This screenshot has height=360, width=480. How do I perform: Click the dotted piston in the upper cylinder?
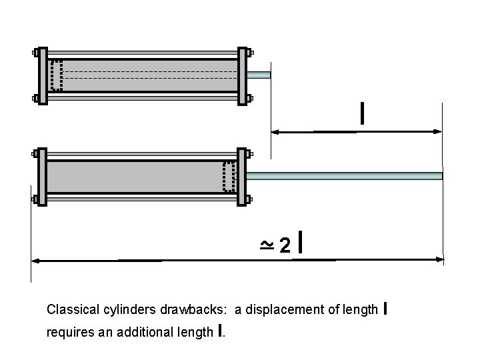tap(57, 75)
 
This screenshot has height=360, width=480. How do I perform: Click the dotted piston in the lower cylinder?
tap(229, 176)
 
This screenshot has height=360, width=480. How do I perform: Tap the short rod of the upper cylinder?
tap(259, 75)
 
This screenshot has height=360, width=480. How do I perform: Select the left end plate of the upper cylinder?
tap(43, 75)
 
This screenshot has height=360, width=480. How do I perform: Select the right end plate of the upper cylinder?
tap(243, 75)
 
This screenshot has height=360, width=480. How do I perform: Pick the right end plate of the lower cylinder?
tap(243, 176)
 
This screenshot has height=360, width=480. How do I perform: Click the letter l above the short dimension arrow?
tap(361, 114)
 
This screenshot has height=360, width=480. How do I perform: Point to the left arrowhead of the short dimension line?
tap(274, 132)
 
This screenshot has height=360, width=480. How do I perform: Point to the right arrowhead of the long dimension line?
tap(439, 259)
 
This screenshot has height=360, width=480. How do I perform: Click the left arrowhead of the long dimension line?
tap(36, 260)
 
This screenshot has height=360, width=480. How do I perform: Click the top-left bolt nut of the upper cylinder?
tap(35, 53)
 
